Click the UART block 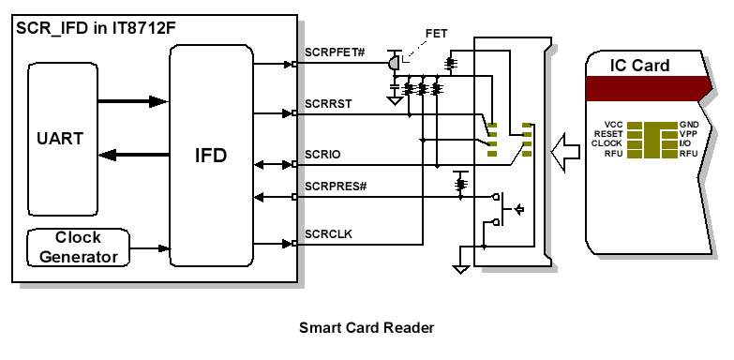[63, 139]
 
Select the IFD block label [211, 156]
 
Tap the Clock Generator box [78, 247]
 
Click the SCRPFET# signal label [335, 52]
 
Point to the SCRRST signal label [328, 104]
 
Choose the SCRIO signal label [322, 155]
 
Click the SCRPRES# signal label [336, 187]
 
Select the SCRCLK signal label [328, 233]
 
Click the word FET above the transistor [436, 34]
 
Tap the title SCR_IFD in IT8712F [96, 27]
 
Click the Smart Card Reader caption [367, 328]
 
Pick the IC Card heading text [639, 66]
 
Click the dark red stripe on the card [650, 88]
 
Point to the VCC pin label [613, 125]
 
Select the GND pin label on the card [689, 125]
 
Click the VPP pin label [688, 134]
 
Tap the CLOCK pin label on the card [607, 143]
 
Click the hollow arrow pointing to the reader [565, 152]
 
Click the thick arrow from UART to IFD [133, 101]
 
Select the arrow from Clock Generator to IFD [149, 248]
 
